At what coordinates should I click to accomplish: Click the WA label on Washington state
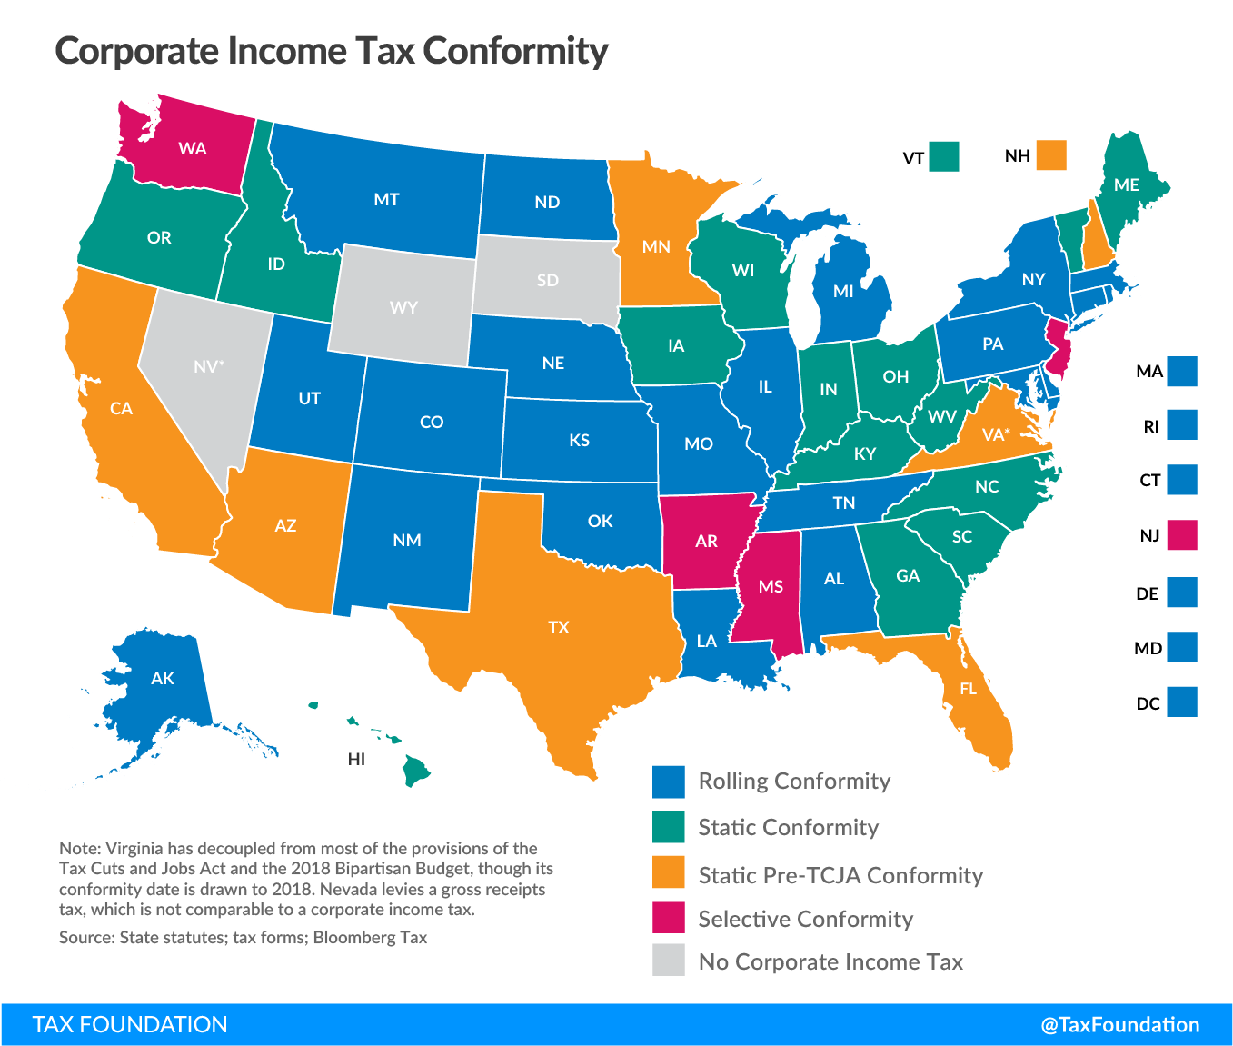(x=193, y=148)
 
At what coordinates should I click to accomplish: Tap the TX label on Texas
(x=559, y=627)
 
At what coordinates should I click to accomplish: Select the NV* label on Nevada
(x=209, y=366)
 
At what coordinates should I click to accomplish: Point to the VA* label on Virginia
(x=995, y=434)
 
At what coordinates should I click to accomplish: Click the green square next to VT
(x=945, y=156)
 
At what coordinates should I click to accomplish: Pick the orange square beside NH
(x=1051, y=155)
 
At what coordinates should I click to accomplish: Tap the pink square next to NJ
(x=1182, y=535)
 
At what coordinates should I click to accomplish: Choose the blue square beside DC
(x=1182, y=702)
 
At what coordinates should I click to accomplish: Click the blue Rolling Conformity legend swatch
(x=668, y=782)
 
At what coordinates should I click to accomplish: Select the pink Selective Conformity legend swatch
(x=668, y=918)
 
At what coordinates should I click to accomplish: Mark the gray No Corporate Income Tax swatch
(x=668, y=961)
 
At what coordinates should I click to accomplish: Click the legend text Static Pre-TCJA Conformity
(x=840, y=875)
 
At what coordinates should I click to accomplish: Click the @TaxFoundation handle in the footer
(x=1119, y=1025)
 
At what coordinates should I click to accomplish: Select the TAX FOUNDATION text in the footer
(x=130, y=1025)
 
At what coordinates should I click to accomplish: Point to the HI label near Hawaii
(x=356, y=759)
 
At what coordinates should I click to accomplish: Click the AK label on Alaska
(x=163, y=678)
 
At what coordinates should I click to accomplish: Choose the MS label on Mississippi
(x=771, y=586)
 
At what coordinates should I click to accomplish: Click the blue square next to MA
(x=1182, y=371)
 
